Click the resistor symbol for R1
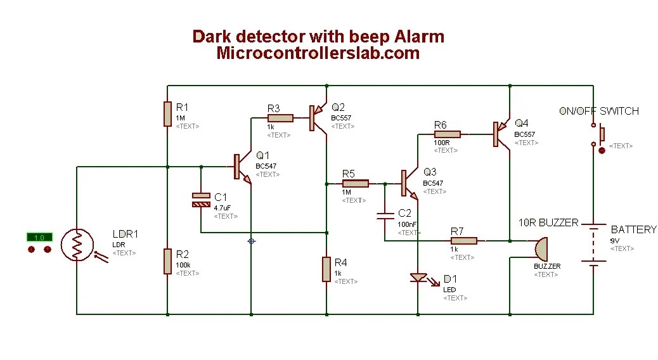(x=167, y=113)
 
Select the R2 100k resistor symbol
(x=167, y=261)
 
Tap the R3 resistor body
(x=280, y=118)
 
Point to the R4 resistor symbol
(x=326, y=268)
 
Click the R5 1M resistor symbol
(x=355, y=184)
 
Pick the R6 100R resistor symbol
(x=448, y=134)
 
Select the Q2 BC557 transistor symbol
(x=317, y=118)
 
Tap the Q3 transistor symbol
(x=408, y=183)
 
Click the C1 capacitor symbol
(x=201, y=200)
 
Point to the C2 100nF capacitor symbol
(x=384, y=217)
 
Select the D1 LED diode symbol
(x=418, y=278)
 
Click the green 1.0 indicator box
(x=39, y=237)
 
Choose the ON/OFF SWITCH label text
(x=598, y=111)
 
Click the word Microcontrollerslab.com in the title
(x=318, y=53)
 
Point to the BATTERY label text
(x=633, y=229)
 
